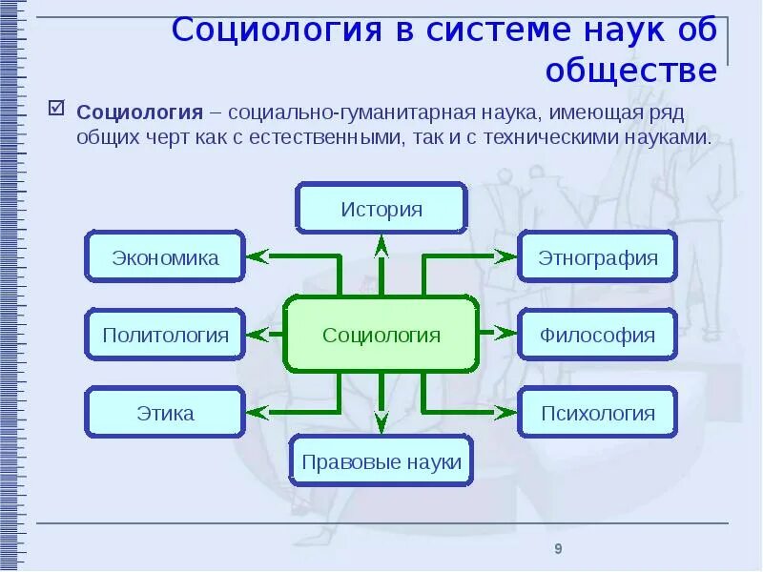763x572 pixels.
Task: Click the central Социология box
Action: tap(381, 335)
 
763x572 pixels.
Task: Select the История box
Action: tap(381, 209)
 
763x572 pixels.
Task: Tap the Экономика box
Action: tap(165, 256)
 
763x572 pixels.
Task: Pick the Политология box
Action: tap(165, 335)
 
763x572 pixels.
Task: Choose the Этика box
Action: tap(165, 413)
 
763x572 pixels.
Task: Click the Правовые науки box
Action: tap(381, 463)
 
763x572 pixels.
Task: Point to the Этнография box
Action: tap(598, 256)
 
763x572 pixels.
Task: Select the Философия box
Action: tap(598, 335)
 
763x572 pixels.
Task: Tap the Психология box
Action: tap(598, 413)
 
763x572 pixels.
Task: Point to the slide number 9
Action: tap(558, 548)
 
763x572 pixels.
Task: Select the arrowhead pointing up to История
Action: tap(381, 244)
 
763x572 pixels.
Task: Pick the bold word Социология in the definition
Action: tap(139, 112)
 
